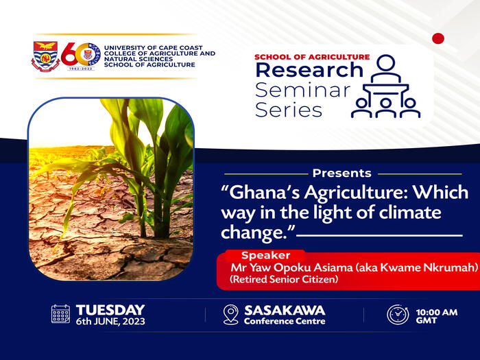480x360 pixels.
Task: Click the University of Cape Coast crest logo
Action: pos(46,56)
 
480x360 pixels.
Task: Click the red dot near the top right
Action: pos(438,38)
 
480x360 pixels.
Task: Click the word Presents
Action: pos(341,173)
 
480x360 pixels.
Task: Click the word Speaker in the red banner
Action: pos(266,255)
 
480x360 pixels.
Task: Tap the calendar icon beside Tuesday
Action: pos(61,314)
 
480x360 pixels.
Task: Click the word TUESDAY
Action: pos(110,309)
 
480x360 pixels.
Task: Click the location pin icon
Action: pos(230,315)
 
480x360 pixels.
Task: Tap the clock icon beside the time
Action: pos(398,315)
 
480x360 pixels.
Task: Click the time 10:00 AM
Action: pos(437,312)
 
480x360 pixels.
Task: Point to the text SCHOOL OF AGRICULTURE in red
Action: pos(311,57)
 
